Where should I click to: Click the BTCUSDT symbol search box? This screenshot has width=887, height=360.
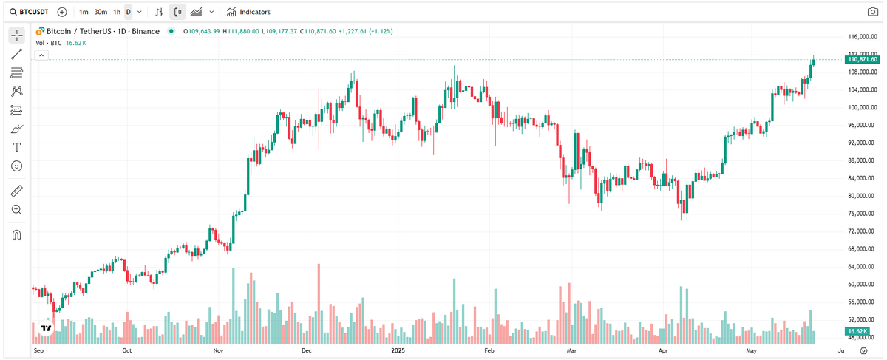30,12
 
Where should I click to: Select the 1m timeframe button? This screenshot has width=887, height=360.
84,12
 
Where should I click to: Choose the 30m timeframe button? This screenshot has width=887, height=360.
101,12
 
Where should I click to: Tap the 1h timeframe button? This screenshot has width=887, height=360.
117,12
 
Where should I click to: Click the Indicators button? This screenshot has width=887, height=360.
248,12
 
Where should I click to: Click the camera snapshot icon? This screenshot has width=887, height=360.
872,12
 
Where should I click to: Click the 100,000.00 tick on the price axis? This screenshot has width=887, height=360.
861,107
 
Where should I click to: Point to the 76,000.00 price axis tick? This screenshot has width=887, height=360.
861,214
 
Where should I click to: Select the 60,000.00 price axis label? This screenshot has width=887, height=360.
861,284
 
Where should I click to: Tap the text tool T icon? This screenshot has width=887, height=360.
16,147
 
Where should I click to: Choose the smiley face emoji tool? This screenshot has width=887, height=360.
16,166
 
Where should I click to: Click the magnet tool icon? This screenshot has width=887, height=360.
16,235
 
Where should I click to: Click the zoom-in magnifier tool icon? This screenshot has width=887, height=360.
16,209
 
